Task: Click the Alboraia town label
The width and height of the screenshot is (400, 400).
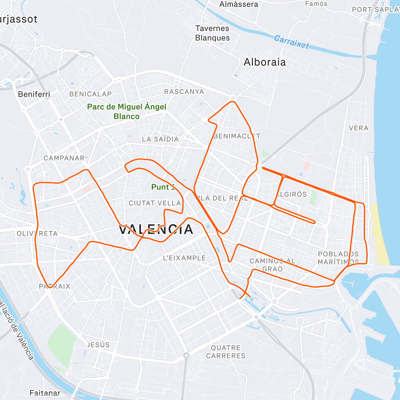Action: (x=265, y=62)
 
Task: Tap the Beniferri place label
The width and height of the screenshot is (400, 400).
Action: (x=34, y=94)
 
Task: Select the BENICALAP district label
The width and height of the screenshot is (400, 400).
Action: (x=90, y=94)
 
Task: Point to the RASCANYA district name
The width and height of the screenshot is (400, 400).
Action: (x=184, y=92)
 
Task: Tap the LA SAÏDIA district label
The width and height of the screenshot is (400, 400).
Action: (x=160, y=139)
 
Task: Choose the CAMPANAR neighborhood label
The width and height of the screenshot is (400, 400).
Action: (x=64, y=158)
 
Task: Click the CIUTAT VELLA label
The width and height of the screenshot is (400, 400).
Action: (x=155, y=203)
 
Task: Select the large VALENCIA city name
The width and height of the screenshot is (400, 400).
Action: (x=156, y=229)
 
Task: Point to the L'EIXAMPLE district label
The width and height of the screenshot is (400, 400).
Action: (x=184, y=258)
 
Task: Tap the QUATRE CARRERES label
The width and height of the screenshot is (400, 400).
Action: (x=226, y=352)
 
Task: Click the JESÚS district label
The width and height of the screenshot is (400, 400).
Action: (x=98, y=345)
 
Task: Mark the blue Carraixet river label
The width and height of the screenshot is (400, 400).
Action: (x=291, y=42)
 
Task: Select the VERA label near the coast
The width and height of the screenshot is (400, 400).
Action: (x=359, y=128)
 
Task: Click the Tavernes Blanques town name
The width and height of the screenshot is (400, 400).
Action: (x=212, y=33)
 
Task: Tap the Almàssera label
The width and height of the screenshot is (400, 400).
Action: (x=239, y=4)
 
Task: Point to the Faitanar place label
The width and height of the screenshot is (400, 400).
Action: (x=45, y=393)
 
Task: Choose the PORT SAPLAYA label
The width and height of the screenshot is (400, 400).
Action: (x=376, y=10)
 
